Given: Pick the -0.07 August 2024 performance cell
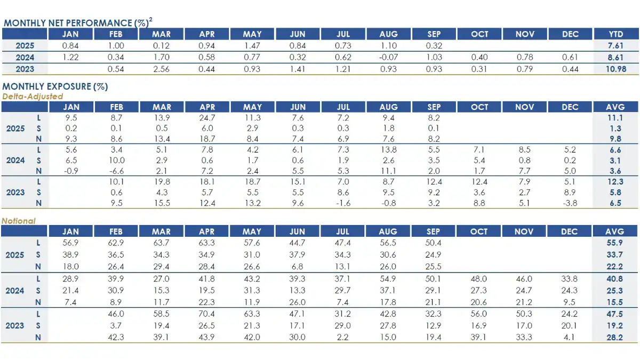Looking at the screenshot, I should [x=388, y=58].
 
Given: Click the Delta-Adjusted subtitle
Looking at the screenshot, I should [x=33, y=97].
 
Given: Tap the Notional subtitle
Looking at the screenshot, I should [x=19, y=221].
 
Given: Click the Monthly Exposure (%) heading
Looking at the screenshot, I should [x=55, y=86].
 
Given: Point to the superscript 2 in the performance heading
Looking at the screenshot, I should [x=151, y=20].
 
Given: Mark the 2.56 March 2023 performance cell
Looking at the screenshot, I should [x=161, y=69].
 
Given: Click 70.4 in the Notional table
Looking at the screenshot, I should [x=206, y=314].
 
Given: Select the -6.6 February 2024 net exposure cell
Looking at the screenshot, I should [x=116, y=171].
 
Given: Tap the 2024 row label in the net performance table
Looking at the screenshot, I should [x=25, y=58].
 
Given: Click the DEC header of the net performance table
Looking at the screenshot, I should [x=570, y=34].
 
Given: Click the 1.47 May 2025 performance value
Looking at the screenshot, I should [x=252, y=46].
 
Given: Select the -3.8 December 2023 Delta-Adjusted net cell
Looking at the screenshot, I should [x=570, y=203].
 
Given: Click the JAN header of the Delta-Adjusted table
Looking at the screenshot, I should [x=70, y=107].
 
